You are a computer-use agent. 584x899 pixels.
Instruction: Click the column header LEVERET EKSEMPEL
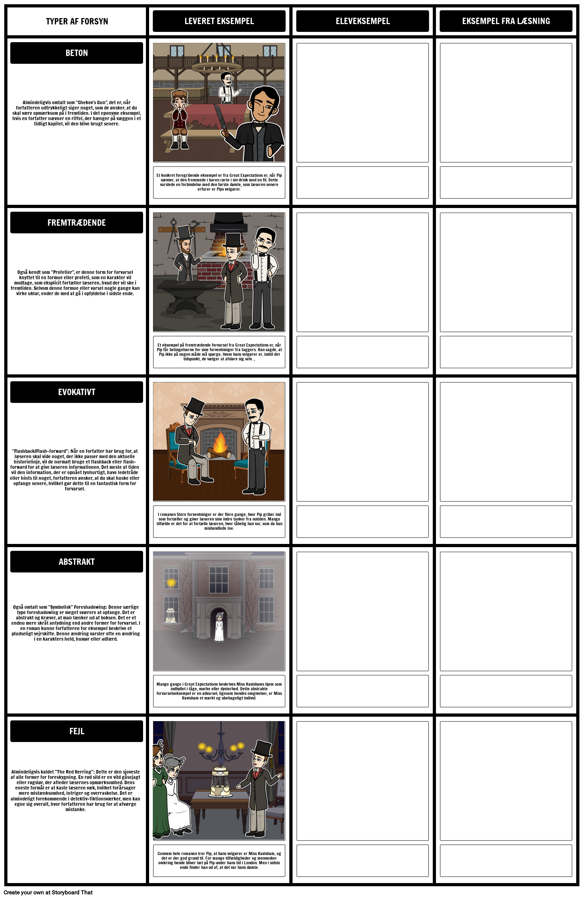click(219, 21)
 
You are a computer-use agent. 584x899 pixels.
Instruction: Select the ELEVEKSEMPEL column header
click(362, 21)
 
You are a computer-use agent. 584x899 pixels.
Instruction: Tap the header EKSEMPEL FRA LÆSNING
click(505, 21)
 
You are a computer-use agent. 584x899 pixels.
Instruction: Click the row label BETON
click(76, 53)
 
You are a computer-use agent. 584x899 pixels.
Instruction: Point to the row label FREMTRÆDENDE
click(76, 223)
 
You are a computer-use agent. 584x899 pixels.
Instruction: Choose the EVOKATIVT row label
click(76, 392)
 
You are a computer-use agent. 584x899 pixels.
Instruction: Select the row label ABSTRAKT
click(76, 562)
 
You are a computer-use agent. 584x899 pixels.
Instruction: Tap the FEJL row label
click(76, 731)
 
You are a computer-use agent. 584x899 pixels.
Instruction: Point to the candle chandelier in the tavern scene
click(216, 64)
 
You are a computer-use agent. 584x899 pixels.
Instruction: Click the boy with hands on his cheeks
click(180, 117)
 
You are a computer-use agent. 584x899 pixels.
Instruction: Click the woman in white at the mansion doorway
click(219, 627)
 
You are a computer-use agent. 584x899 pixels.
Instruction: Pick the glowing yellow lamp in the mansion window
click(171, 583)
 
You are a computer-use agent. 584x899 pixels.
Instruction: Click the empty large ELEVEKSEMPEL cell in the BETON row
click(362, 102)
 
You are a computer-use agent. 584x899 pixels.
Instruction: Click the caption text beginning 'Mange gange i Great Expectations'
click(219, 691)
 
